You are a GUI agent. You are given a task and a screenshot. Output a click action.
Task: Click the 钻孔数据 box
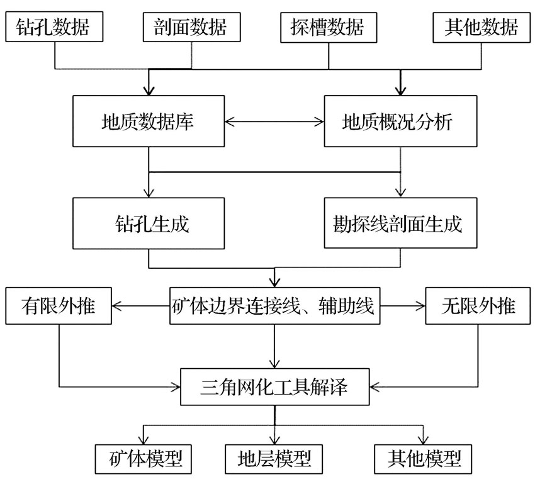(54, 27)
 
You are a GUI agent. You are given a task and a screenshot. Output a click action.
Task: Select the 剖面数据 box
(192, 27)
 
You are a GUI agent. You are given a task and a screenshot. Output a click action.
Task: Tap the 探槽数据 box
(329, 27)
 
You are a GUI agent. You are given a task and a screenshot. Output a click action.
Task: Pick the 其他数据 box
(481, 27)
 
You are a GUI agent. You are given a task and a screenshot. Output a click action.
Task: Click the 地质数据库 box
(149, 121)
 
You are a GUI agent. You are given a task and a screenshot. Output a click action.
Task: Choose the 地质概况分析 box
(400, 121)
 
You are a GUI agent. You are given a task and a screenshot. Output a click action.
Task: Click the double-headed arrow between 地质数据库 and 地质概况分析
(274, 121)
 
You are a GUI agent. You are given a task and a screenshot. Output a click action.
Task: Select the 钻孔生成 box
(149, 223)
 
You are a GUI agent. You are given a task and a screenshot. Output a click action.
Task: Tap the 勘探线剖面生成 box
(400, 223)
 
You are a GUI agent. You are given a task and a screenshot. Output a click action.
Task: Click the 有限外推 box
(59, 306)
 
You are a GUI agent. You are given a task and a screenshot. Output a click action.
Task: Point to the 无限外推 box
(478, 306)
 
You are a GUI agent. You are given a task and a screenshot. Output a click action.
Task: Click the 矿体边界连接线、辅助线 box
(275, 306)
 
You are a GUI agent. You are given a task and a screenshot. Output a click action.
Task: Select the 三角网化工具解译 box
(275, 387)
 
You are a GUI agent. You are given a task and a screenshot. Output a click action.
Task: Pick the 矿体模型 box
(144, 459)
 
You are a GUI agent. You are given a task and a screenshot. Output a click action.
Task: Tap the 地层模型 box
(274, 459)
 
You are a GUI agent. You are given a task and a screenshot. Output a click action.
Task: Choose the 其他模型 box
(423, 459)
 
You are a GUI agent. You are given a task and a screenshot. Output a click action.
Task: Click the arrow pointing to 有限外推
(140, 306)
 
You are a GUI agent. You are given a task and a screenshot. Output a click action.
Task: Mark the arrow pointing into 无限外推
(403, 306)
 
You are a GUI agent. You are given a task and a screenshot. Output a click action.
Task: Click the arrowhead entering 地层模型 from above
(274, 440)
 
